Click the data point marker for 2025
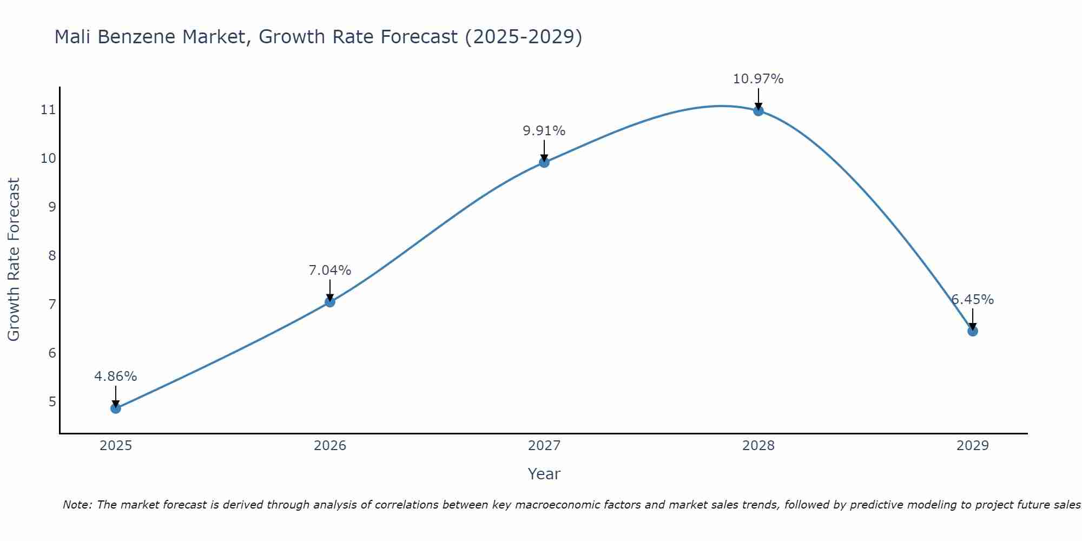pyautogui.click(x=116, y=408)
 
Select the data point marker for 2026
pyautogui.click(x=330, y=302)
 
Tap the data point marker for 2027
pyautogui.click(x=544, y=162)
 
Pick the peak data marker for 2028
pyautogui.click(x=758, y=111)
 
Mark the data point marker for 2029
pyautogui.click(x=973, y=331)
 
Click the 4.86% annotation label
pyautogui.click(x=116, y=377)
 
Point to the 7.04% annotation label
pyautogui.click(x=330, y=270)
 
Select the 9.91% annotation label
pyautogui.click(x=544, y=131)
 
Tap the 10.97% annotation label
pyautogui.click(x=758, y=79)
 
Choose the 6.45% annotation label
pyautogui.click(x=973, y=300)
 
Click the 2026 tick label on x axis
pyautogui.click(x=330, y=446)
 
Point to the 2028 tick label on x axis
pyautogui.click(x=758, y=446)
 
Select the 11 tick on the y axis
pyautogui.click(x=48, y=110)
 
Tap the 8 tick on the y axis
pyautogui.click(x=52, y=255)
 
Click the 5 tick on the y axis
pyautogui.click(x=52, y=401)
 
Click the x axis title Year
pyautogui.click(x=544, y=474)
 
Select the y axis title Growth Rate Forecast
pyautogui.click(x=14, y=260)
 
